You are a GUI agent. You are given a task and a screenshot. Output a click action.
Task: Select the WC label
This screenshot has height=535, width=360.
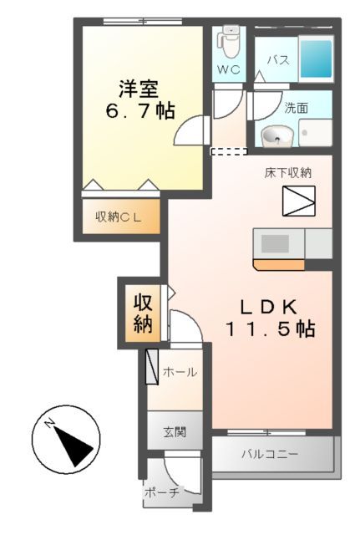[229, 70]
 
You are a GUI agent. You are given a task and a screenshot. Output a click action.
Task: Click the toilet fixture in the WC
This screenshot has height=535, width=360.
[230, 40]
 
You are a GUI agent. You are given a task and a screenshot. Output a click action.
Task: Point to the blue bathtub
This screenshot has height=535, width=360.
[315, 57]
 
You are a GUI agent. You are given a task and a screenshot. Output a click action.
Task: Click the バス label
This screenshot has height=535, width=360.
[278, 60]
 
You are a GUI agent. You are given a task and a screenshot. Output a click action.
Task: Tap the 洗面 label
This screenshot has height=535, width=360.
[295, 108]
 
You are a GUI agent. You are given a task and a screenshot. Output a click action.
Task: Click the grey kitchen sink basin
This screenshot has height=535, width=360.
[273, 243]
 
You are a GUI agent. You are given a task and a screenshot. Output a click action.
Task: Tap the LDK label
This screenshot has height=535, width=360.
[269, 305]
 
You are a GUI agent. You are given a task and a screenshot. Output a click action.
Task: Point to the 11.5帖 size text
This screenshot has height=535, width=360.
[268, 329]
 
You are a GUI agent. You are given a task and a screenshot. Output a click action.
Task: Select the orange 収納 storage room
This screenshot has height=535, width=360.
[143, 313]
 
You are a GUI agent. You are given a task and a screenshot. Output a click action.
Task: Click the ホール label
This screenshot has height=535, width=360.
[179, 371]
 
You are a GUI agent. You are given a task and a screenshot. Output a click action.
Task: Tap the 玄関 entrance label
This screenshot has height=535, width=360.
[175, 432]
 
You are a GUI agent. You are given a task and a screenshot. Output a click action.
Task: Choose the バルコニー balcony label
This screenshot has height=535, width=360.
[269, 456]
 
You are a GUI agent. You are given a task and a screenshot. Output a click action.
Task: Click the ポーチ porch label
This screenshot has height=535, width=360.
[161, 492]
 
